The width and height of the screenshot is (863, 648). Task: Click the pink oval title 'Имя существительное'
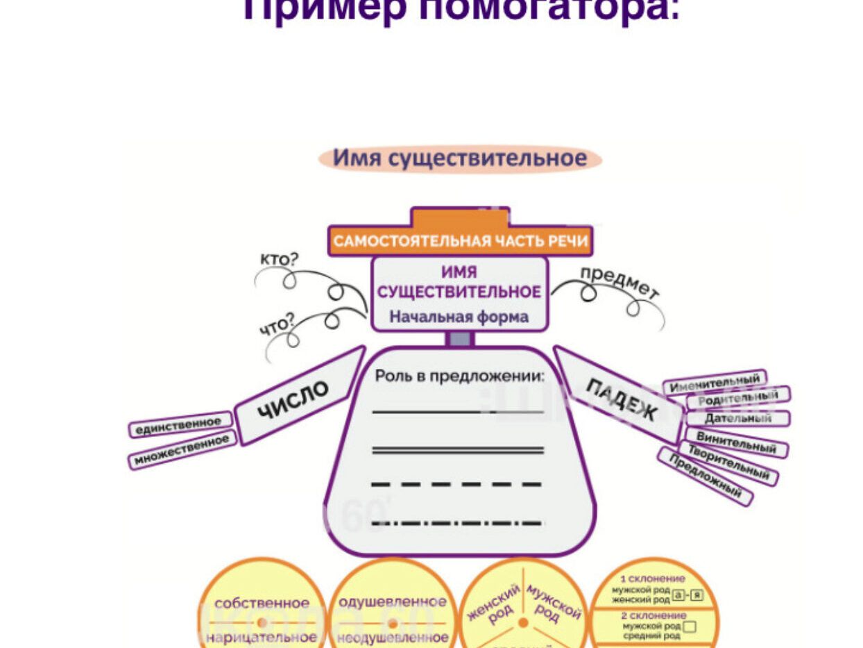point(459,159)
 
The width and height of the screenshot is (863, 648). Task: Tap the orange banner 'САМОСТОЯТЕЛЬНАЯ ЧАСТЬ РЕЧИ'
point(460,242)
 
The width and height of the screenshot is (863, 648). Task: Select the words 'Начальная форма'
point(459,317)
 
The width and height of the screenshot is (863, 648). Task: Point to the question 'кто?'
point(279,260)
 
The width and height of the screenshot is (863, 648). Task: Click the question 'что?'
point(277,324)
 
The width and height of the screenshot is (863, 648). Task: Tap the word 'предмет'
point(619,282)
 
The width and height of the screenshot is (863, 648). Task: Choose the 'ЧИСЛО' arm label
point(293,400)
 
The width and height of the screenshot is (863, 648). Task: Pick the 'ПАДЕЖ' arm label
point(622,399)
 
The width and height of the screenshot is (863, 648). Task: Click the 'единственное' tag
point(180,424)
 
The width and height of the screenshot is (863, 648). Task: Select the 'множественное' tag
point(182,450)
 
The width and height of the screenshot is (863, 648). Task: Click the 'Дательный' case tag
point(738,419)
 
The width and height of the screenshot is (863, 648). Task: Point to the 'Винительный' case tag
point(736,442)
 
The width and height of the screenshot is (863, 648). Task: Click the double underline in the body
point(458,450)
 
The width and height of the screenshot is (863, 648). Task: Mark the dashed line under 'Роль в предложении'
point(458,484)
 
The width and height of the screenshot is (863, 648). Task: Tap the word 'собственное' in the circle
point(262,604)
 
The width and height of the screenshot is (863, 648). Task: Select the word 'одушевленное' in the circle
point(392,601)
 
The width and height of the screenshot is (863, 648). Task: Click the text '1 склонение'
point(652,579)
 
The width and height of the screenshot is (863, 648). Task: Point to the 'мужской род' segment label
point(553,604)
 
